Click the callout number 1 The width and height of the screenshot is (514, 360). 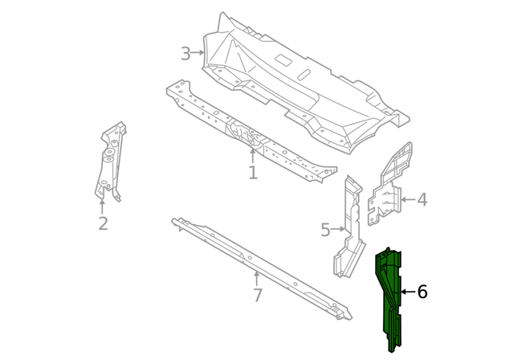[x=253, y=173]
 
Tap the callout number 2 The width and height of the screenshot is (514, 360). [x=103, y=223]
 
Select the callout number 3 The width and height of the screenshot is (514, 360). [x=186, y=54]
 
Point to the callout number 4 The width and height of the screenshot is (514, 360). [x=422, y=199]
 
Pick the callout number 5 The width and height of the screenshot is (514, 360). [x=325, y=230]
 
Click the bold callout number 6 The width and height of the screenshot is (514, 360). [x=422, y=292]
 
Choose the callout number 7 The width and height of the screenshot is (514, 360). [x=258, y=295]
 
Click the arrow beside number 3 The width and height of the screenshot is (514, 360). [x=198, y=52]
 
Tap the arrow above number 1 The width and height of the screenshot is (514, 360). [x=252, y=156]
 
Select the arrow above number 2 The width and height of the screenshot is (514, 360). [x=103, y=207]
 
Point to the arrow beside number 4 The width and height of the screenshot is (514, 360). [x=408, y=199]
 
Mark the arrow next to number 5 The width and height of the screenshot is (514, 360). [x=337, y=229]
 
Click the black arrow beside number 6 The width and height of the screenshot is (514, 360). [x=409, y=292]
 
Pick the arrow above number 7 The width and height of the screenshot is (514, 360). [x=257, y=279]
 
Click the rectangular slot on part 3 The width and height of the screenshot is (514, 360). [x=284, y=59]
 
